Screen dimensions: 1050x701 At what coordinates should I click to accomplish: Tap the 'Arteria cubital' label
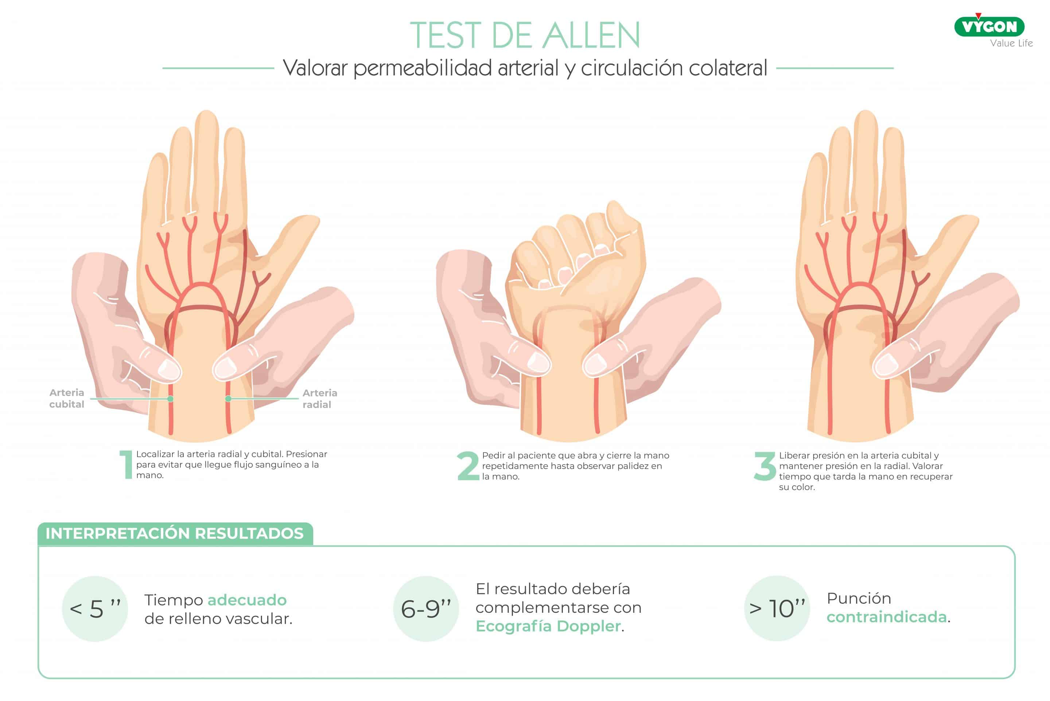click(67, 398)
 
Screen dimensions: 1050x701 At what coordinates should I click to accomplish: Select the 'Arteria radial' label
click(320, 398)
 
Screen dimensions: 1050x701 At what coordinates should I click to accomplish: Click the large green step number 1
click(127, 465)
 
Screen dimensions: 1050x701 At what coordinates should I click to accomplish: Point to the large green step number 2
click(468, 466)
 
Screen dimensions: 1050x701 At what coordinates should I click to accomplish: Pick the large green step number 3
click(765, 466)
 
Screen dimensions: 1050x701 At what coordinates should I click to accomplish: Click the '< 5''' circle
click(95, 608)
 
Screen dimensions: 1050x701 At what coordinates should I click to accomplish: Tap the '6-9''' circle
click(426, 608)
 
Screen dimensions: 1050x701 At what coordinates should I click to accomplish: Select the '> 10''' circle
click(777, 608)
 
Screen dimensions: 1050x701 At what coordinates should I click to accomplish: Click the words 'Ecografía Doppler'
click(548, 626)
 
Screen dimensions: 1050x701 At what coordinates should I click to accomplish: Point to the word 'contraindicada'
click(886, 616)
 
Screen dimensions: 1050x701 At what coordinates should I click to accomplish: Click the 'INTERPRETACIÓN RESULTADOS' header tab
click(175, 533)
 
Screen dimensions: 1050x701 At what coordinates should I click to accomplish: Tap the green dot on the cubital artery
click(171, 398)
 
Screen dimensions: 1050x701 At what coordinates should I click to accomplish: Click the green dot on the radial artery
click(228, 398)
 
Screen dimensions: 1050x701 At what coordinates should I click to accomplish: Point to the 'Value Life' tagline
click(1011, 43)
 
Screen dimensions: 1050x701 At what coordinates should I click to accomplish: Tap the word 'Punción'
click(859, 598)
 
